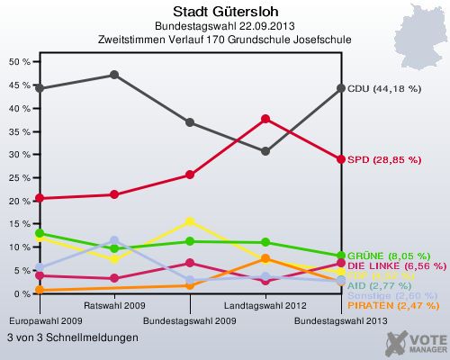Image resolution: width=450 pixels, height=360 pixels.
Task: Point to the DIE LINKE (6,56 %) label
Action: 396,266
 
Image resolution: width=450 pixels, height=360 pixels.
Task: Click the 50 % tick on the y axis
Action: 19,62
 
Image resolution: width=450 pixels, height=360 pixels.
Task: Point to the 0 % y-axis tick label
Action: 22,293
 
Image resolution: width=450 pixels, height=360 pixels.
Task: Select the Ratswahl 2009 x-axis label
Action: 114,306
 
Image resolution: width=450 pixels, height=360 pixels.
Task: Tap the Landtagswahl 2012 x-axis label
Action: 265,306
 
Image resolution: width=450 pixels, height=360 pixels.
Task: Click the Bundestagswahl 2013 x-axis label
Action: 341,320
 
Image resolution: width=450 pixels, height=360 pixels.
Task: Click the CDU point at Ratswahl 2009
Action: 114,75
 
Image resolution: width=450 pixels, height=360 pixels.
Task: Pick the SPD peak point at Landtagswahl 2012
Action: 265,119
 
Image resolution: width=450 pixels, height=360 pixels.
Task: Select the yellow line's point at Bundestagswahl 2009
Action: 190,220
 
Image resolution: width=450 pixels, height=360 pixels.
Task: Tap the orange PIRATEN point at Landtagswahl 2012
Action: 265,259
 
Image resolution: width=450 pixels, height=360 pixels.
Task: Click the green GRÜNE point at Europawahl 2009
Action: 40,233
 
